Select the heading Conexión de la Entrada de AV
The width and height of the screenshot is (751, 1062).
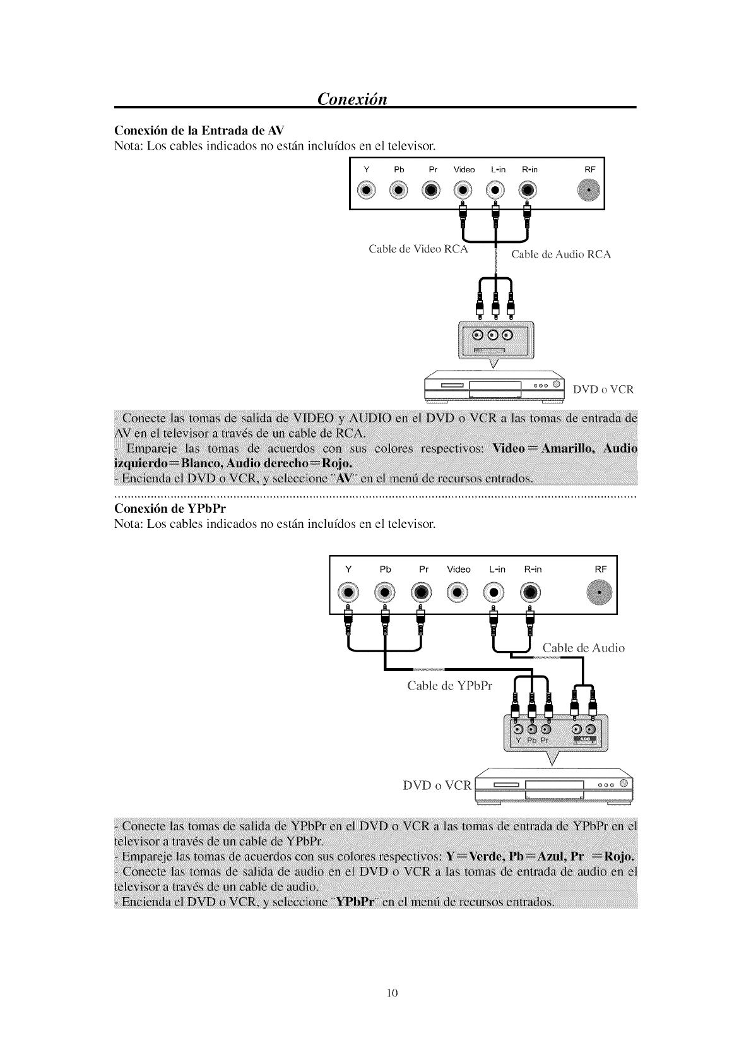coord(199,131)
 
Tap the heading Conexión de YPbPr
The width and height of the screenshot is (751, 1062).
coord(170,508)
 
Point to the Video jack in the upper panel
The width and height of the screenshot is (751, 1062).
coord(464,190)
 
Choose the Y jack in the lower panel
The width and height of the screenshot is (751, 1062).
coord(348,592)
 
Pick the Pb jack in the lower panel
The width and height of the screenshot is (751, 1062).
coord(384,592)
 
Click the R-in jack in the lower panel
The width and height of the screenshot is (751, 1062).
coord(531,592)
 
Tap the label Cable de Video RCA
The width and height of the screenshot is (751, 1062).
coord(418,249)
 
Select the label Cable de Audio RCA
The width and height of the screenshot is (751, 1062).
coord(560,254)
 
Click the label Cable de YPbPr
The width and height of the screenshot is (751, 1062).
coord(449,686)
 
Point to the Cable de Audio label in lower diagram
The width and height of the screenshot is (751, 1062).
coord(583,648)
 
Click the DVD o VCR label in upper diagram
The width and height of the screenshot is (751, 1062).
coord(603,389)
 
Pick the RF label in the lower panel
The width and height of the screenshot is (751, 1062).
coord(600,569)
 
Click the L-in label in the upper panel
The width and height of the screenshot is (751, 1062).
coord(498,169)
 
